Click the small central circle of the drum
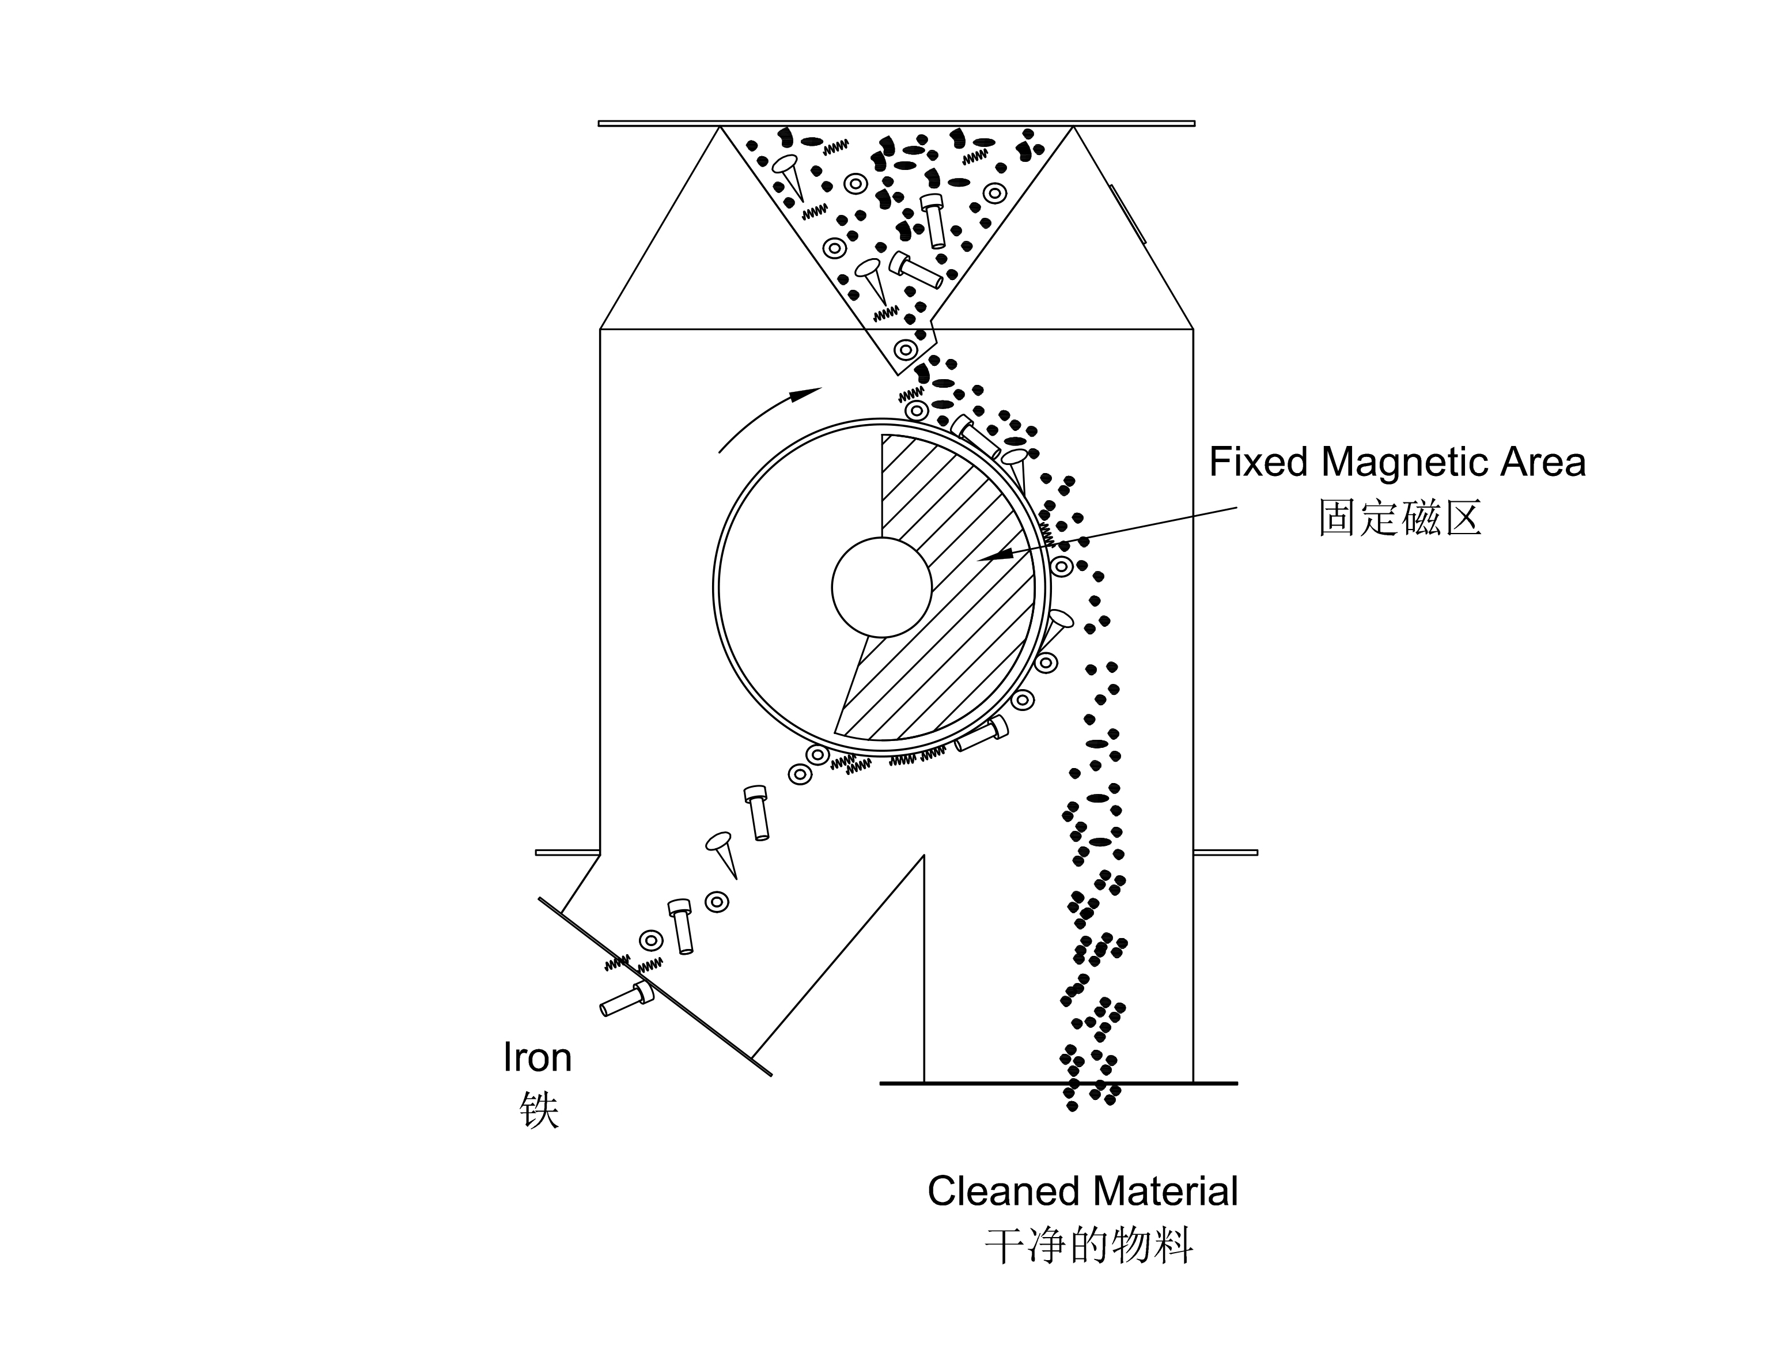pos(881,588)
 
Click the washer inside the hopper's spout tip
pos(906,350)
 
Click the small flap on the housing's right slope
pos(1127,213)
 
